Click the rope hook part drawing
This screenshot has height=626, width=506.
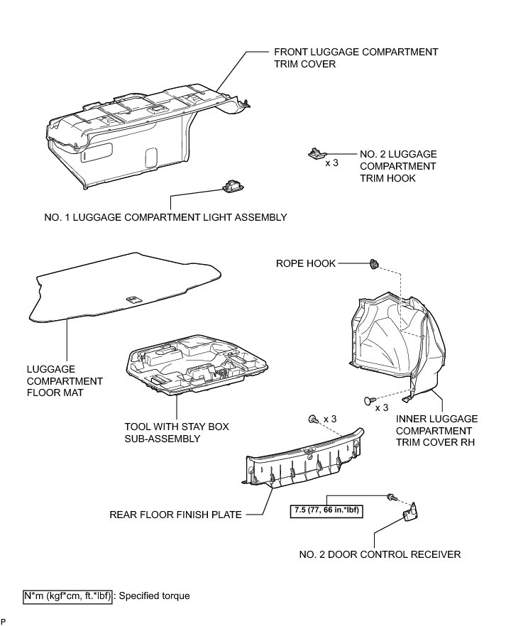374,265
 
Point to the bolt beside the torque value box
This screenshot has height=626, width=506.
390,497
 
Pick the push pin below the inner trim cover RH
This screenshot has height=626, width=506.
367,401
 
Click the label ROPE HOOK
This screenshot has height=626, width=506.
305,264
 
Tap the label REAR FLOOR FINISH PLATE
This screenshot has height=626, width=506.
175,515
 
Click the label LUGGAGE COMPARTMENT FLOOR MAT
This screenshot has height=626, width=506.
65,381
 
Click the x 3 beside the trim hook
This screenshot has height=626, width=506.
331,163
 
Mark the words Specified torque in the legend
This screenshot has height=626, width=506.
154,596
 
